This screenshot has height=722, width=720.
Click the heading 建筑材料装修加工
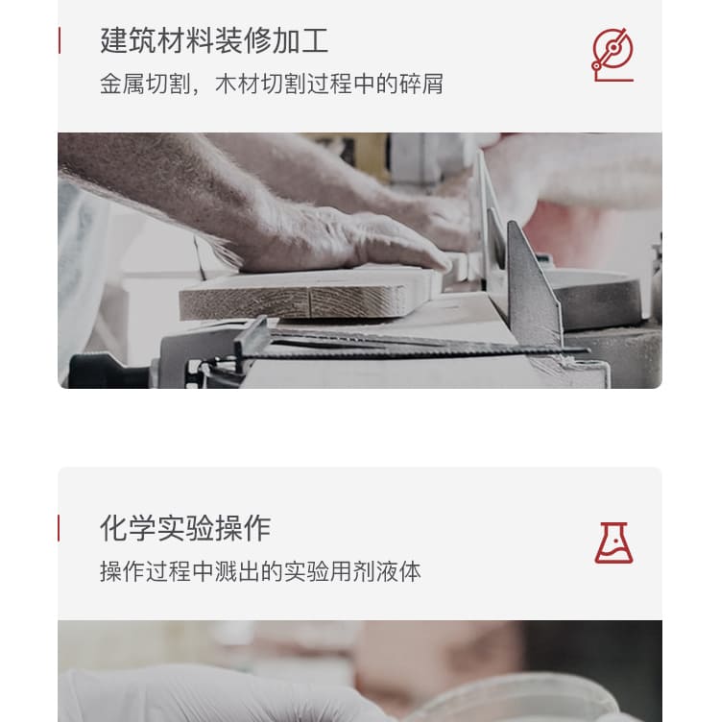pyautogui.click(x=214, y=40)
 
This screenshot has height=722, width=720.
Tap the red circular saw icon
pyautogui.click(x=612, y=55)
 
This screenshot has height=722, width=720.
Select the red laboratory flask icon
pyautogui.click(x=613, y=542)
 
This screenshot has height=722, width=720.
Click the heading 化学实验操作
pyautogui.click(x=185, y=528)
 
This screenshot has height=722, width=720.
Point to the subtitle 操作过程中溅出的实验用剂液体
pyautogui.click(x=260, y=572)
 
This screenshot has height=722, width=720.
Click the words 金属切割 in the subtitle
pyautogui.click(x=145, y=84)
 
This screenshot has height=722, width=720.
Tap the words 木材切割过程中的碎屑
pyautogui.click(x=329, y=84)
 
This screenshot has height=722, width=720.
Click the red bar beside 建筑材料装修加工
pyautogui.click(x=60, y=40)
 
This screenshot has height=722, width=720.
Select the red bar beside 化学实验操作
pyautogui.click(x=59, y=528)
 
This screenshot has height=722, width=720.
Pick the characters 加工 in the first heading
pyautogui.click(x=300, y=40)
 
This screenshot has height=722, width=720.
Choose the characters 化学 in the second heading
pyautogui.click(x=128, y=528)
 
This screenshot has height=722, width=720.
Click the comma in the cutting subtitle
pyautogui.click(x=195, y=90)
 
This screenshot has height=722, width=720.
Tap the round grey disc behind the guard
pyautogui.click(x=598, y=300)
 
